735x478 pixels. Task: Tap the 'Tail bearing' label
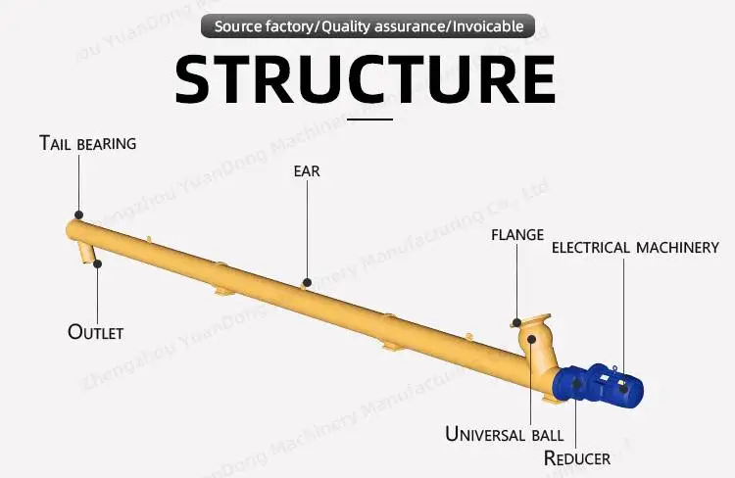(x=87, y=144)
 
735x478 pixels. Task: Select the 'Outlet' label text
(x=95, y=332)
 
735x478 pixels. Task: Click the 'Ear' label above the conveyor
(x=307, y=171)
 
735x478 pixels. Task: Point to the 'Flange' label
(x=516, y=235)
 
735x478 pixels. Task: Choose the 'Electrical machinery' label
(x=635, y=248)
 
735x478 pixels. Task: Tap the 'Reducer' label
(x=577, y=458)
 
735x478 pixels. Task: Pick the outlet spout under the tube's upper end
(x=91, y=255)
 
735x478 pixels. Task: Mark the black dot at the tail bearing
(x=78, y=215)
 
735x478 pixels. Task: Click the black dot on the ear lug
(x=307, y=282)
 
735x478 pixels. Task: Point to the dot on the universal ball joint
(x=531, y=339)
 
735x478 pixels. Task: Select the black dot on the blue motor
(x=623, y=390)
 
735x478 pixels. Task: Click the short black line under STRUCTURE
(x=370, y=119)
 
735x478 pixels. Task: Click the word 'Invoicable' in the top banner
(x=486, y=26)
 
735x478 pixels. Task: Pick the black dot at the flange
(x=516, y=320)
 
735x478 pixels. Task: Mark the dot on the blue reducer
(x=576, y=384)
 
